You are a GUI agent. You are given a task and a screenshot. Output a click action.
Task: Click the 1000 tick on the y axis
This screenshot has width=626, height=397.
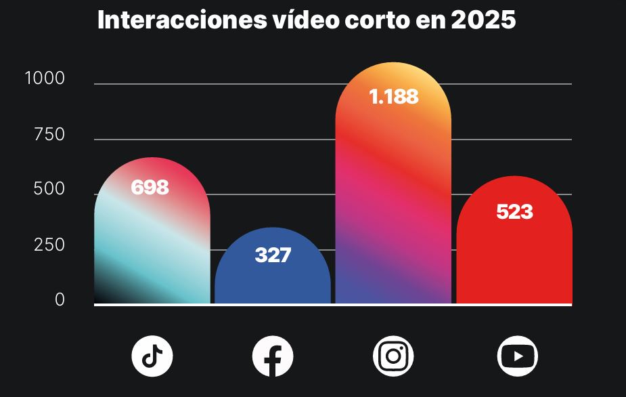45,79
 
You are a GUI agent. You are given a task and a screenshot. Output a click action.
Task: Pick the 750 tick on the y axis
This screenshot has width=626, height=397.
49,135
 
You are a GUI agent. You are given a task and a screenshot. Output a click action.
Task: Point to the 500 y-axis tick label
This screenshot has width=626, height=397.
49,190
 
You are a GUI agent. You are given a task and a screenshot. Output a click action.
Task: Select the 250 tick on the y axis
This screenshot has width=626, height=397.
49,245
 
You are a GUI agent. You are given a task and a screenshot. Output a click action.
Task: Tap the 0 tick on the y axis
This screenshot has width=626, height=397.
60,300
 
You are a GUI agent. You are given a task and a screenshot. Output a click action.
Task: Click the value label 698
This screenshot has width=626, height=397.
150,188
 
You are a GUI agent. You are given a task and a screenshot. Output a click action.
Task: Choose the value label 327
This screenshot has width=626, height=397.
273,255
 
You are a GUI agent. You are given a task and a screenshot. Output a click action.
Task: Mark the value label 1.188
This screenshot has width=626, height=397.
394,97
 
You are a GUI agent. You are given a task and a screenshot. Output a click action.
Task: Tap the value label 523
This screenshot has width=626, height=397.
514,212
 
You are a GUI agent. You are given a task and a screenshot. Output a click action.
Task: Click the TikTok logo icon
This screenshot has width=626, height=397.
152,356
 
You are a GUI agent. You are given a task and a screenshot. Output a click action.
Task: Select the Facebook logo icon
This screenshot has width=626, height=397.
273,356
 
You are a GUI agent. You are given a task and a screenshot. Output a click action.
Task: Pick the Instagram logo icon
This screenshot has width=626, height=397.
393,356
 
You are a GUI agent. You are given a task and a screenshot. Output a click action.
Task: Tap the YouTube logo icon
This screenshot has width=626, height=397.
517,356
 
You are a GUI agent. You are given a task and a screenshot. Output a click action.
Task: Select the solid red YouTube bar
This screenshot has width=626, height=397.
514,264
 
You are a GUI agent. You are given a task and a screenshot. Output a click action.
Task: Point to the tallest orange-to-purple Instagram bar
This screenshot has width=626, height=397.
393,203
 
